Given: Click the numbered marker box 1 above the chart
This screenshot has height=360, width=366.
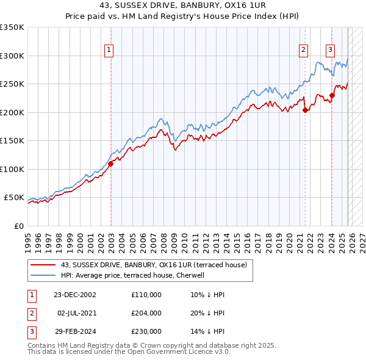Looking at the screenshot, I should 109,51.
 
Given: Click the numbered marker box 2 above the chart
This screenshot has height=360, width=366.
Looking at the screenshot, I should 303,51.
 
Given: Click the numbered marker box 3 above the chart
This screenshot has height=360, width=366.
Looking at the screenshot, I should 330,51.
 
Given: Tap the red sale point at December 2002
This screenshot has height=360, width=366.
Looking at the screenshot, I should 111,164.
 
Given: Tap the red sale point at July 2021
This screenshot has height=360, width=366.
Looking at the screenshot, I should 305,110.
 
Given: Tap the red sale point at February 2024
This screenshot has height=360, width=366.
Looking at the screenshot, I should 332,95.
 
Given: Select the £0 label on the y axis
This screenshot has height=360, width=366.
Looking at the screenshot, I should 18,226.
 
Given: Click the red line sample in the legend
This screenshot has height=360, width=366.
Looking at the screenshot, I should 43,265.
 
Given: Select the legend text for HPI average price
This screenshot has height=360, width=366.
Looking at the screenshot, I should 136,275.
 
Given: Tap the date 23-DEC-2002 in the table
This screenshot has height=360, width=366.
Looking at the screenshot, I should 74,294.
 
